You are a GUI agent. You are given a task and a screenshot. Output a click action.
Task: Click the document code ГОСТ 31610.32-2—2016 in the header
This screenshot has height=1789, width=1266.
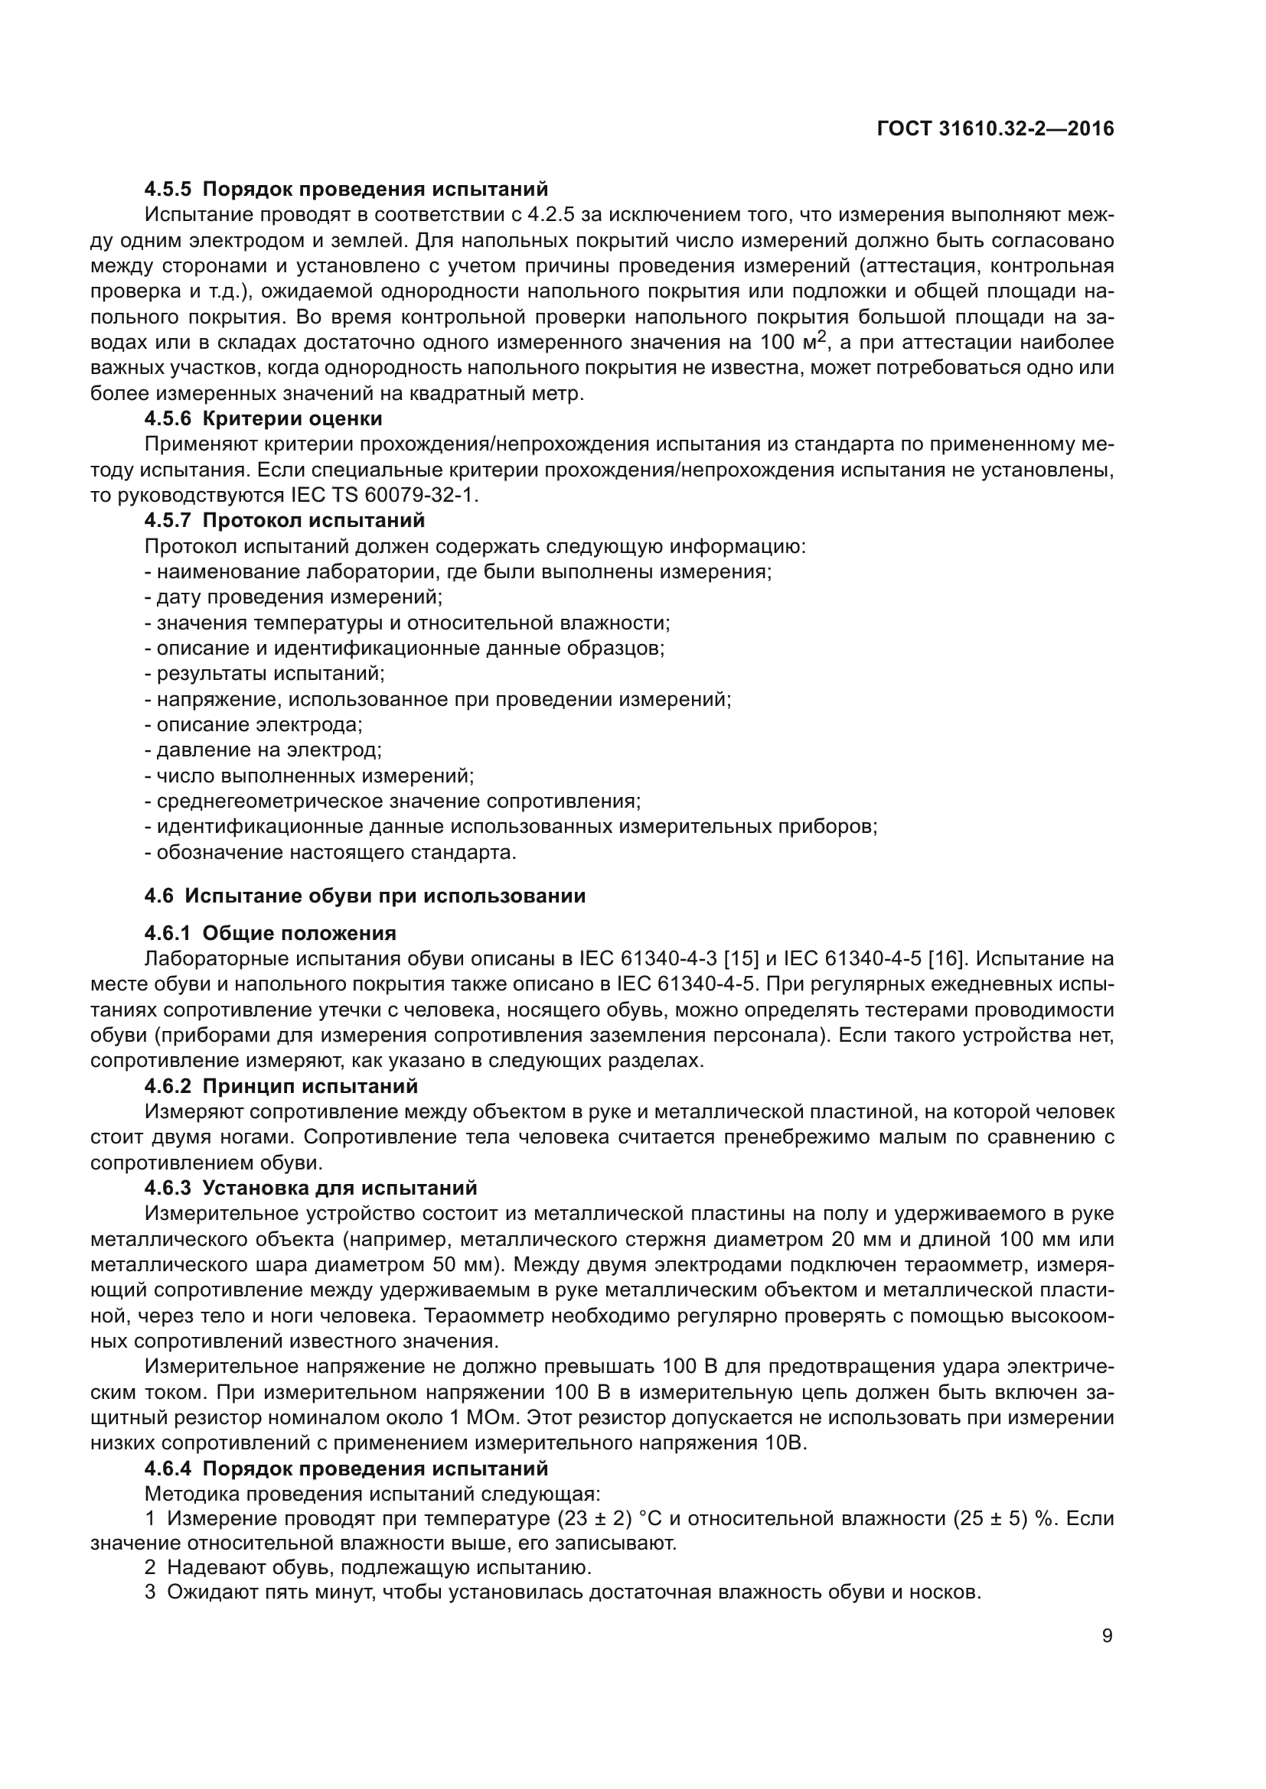996,128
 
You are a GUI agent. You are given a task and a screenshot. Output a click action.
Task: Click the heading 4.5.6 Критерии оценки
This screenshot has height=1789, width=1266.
263,419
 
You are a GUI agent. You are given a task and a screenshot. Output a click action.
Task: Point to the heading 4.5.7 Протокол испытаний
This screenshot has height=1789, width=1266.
285,519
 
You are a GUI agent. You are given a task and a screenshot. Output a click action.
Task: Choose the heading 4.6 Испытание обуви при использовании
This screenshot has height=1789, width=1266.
365,896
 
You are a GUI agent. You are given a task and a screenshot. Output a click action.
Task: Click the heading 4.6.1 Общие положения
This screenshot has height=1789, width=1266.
270,933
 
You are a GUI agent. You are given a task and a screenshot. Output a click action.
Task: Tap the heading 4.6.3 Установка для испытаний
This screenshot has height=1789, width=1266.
311,1189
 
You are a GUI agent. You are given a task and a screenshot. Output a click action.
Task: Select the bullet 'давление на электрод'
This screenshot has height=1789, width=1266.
263,750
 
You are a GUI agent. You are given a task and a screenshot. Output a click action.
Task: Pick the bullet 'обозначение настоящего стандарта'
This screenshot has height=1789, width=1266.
331,852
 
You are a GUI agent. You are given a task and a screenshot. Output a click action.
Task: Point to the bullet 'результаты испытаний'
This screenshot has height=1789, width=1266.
265,674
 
